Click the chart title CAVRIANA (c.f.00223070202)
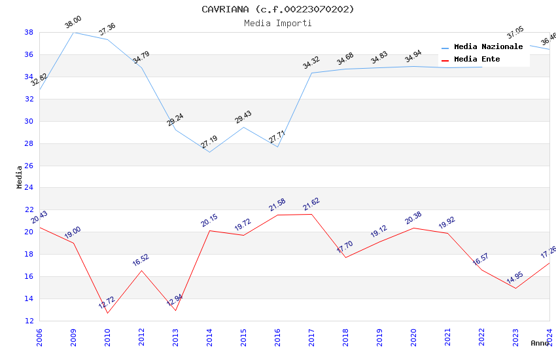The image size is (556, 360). [278, 9]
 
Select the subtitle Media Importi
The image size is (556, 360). [278, 23]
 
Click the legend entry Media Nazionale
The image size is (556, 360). [488, 47]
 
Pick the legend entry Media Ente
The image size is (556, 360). [477, 60]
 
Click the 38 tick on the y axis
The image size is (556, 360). [29, 32]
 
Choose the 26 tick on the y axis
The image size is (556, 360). [29, 166]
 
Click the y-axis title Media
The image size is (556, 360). [20, 177]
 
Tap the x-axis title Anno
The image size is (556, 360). [540, 343]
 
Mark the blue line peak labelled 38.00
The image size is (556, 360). [73, 32]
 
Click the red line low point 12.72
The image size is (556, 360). [107, 313]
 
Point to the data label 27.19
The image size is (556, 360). [209, 142]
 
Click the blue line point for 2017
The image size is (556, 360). [311, 73]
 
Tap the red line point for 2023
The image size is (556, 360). [515, 288]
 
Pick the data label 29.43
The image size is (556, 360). [243, 117]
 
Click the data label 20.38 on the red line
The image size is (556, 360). [413, 219]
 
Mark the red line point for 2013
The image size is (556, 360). [175, 310]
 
